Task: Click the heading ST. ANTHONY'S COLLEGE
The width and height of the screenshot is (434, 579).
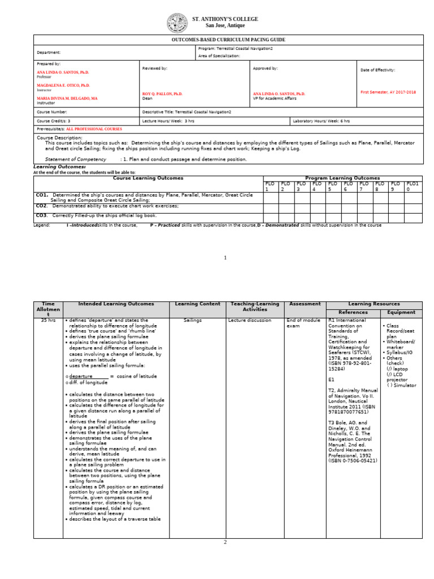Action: point(225,19)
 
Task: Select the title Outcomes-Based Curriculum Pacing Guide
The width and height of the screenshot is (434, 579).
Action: point(228,40)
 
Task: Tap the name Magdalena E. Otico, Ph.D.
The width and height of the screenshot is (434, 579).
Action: point(63,85)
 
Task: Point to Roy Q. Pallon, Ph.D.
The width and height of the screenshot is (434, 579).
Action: point(162,94)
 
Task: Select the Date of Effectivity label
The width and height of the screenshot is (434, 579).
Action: point(377,70)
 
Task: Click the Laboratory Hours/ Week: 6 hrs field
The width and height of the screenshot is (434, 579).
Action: point(321,121)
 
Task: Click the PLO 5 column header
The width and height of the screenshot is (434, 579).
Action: point(333,187)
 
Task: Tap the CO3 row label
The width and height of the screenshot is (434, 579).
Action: point(42,215)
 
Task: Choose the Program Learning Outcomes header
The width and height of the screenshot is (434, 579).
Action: point(343,178)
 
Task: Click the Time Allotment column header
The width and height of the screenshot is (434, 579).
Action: point(47,309)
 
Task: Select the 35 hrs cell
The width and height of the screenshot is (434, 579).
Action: point(48,320)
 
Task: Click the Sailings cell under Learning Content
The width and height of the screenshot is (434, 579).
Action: point(193,320)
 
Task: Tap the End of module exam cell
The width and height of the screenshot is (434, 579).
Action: point(300,323)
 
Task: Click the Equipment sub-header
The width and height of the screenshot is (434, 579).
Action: point(401,312)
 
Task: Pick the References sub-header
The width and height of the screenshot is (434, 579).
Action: point(353,312)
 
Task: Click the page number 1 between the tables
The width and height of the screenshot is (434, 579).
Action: point(225,258)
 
